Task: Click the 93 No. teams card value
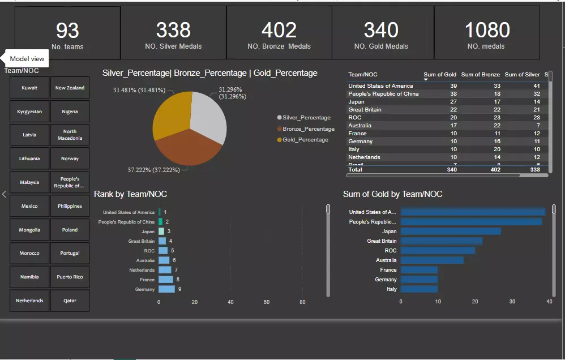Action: point(67,30)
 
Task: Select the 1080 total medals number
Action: point(487,30)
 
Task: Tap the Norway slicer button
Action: point(70,159)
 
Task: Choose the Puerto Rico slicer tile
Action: point(70,277)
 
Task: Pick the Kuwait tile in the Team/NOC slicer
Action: point(29,88)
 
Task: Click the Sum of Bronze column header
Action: point(480,75)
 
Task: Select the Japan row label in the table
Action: point(357,102)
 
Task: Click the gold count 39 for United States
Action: point(437,86)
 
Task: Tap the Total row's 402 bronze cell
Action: point(493,169)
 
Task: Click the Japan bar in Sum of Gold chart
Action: point(451,232)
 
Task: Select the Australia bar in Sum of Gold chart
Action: point(432,260)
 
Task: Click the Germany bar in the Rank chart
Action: point(166,289)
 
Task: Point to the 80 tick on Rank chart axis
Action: point(302,302)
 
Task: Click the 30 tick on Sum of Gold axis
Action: point(512,302)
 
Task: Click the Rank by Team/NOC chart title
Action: point(130,194)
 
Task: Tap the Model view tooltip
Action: point(27,59)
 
